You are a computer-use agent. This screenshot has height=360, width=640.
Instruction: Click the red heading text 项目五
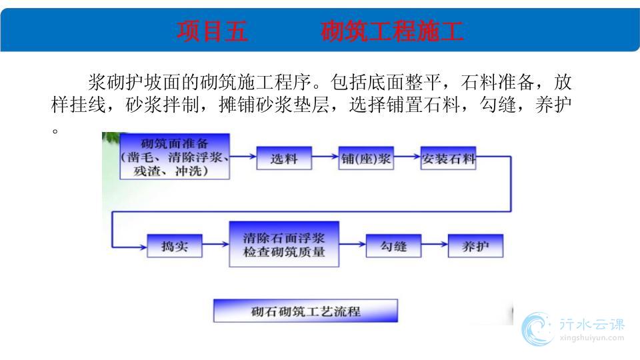(x=212, y=31)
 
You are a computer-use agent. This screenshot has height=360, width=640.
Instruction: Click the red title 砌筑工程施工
(x=392, y=31)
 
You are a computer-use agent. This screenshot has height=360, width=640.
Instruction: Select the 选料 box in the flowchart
(x=284, y=158)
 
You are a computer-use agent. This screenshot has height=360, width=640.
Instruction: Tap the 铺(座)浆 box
(x=366, y=158)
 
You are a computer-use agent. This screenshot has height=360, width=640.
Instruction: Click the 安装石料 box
(x=448, y=158)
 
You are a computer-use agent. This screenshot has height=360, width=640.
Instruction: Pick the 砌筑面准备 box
(x=175, y=156)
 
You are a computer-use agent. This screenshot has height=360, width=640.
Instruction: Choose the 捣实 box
(x=175, y=246)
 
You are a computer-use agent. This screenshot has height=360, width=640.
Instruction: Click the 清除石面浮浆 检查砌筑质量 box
(x=284, y=244)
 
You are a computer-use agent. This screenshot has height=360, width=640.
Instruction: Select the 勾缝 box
(x=393, y=246)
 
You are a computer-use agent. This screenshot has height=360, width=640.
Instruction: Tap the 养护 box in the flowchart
(x=475, y=246)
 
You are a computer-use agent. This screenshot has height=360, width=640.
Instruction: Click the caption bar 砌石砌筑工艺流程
(x=306, y=311)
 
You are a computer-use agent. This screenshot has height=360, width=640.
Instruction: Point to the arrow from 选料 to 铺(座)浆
(x=325, y=156)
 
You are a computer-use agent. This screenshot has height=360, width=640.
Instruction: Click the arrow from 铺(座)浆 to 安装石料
(x=407, y=156)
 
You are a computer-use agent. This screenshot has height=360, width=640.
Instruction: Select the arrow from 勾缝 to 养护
(x=435, y=245)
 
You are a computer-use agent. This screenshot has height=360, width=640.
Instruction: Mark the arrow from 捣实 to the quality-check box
(x=216, y=245)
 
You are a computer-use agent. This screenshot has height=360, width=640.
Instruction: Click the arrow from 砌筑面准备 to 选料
(x=243, y=156)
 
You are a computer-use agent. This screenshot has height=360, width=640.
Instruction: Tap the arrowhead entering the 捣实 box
(x=143, y=247)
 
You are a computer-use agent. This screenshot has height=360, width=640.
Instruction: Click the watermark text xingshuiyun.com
(x=592, y=338)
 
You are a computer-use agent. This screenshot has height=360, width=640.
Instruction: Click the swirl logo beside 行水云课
(x=537, y=329)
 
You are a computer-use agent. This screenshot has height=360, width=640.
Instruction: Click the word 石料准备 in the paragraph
(x=497, y=83)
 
